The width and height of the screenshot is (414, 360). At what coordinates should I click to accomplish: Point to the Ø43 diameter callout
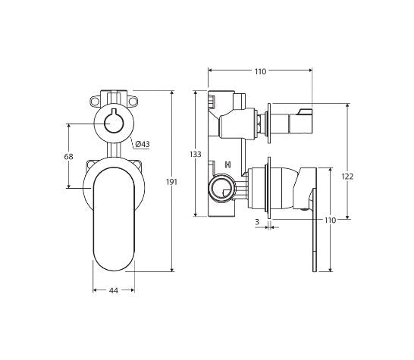tap(143, 144)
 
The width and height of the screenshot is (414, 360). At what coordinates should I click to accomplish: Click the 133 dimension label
tap(196, 155)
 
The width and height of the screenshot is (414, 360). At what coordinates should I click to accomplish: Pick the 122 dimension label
tap(347, 176)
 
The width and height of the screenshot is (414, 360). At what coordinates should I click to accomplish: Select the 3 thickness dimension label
tap(257, 221)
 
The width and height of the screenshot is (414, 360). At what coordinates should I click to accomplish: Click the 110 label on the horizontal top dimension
tap(259, 72)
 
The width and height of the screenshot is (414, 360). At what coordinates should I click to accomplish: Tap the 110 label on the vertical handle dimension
tap(330, 221)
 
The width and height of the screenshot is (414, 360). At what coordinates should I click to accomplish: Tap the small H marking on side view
tap(227, 165)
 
